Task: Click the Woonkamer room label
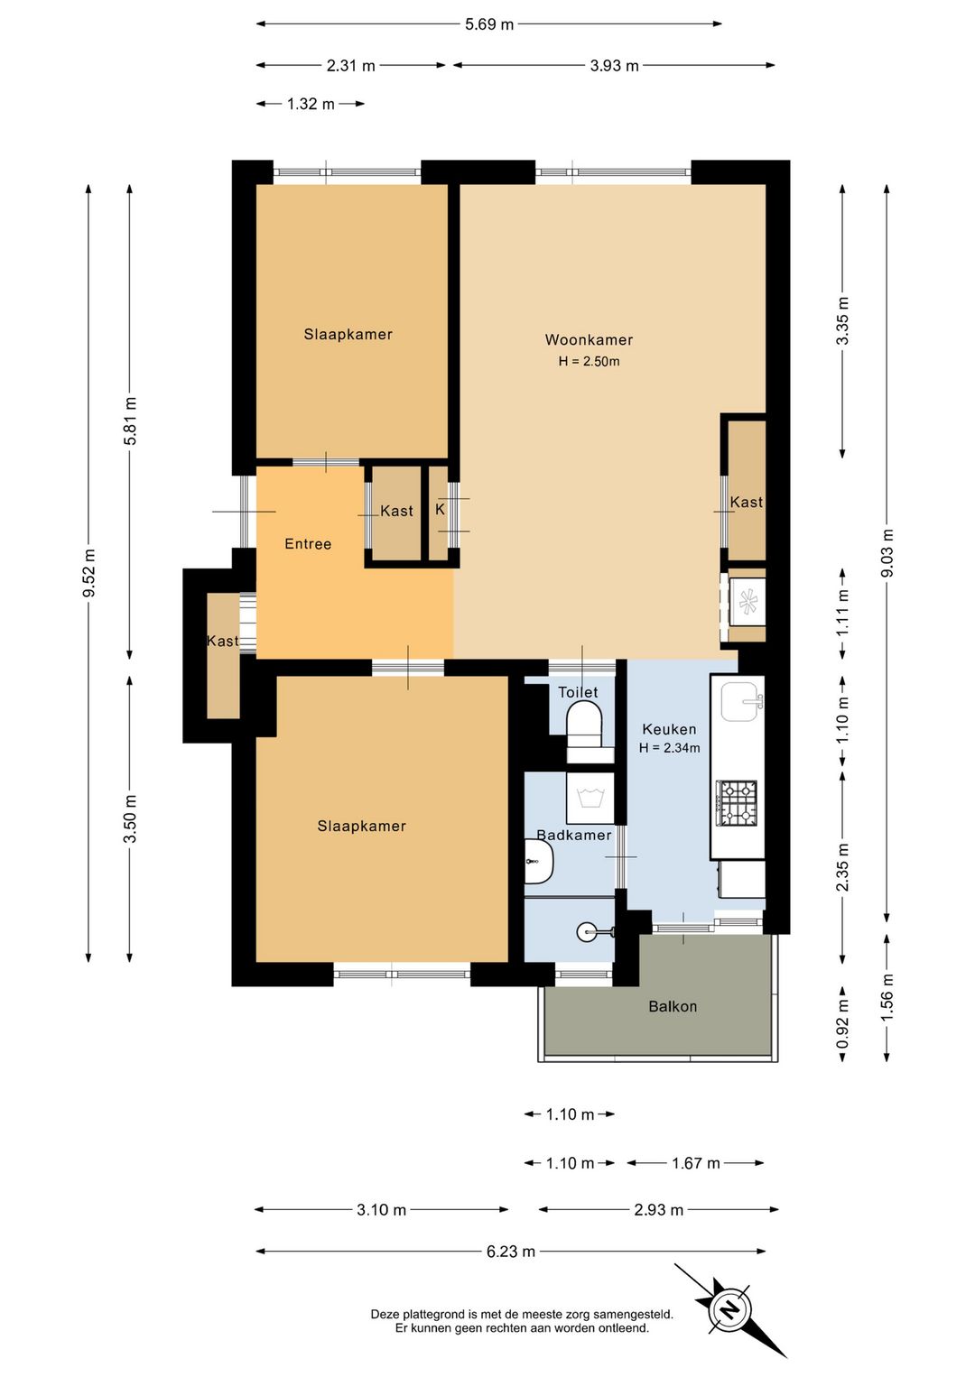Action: (x=589, y=339)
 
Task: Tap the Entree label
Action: (x=308, y=544)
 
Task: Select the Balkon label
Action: (x=673, y=1006)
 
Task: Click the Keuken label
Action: (x=669, y=729)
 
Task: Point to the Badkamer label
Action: (x=574, y=835)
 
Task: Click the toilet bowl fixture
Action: (x=584, y=725)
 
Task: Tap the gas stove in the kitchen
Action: (x=737, y=802)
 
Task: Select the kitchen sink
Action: (x=742, y=701)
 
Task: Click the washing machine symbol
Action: (x=590, y=798)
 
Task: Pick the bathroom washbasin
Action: (x=539, y=862)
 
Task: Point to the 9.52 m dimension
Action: (x=88, y=573)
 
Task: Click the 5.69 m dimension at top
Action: (x=489, y=24)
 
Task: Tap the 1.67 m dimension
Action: (x=696, y=1163)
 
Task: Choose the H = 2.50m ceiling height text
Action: (x=589, y=362)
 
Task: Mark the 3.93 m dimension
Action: (x=614, y=65)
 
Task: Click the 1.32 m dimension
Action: (x=311, y=104)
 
